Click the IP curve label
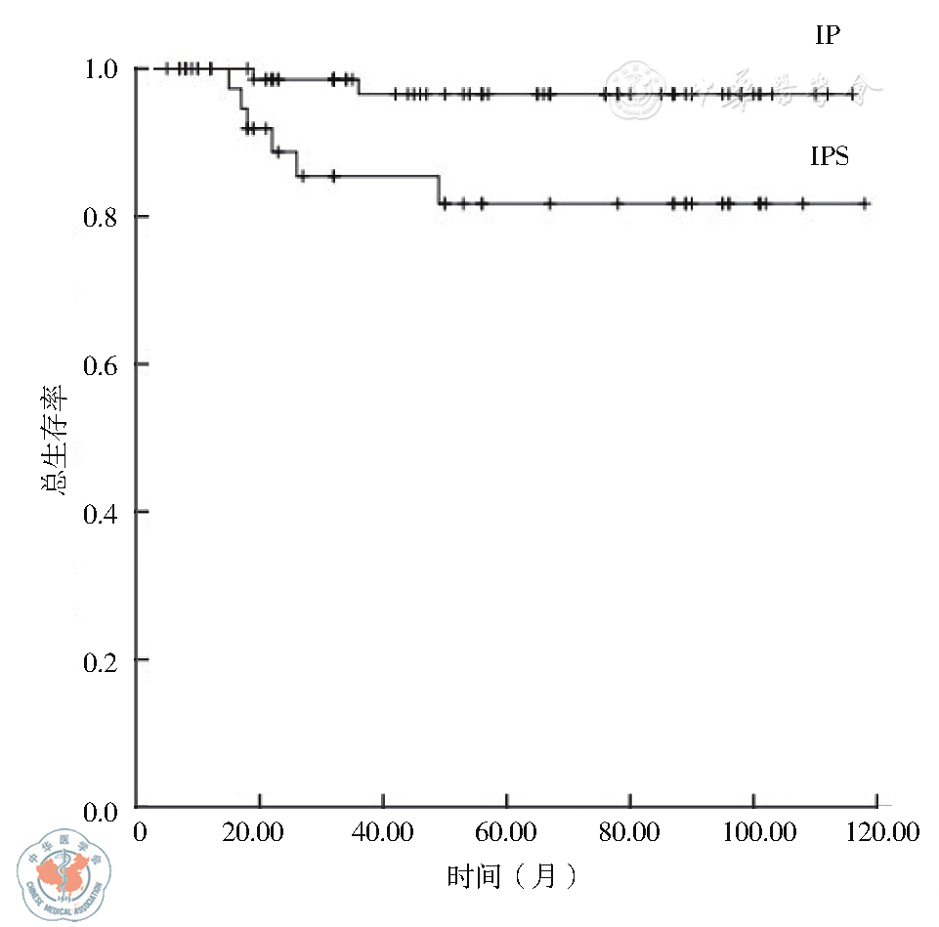(x=828, y=36)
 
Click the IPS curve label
(x=829, y=156)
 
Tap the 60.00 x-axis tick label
(x=506, y=833)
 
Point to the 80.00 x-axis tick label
(x=629, y=833)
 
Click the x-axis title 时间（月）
(x=512, y=876)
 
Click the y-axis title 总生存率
(x=55, y=439)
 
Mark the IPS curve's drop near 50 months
(x=439, y=190)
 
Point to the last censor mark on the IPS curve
(x=864, y=203)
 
